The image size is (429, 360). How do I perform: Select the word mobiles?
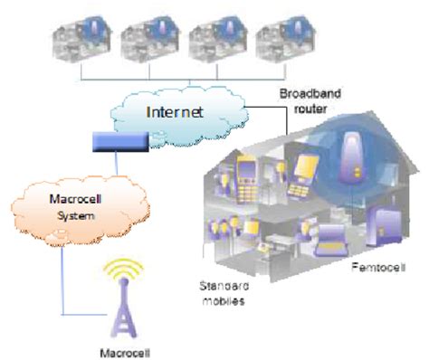(x=220, y=298)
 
